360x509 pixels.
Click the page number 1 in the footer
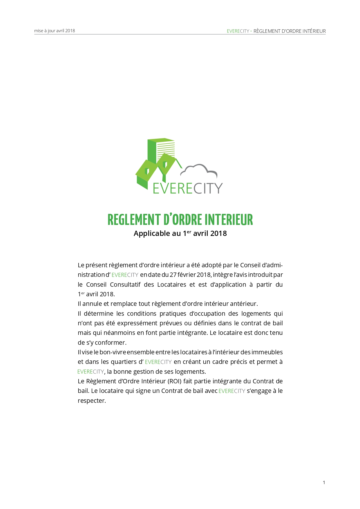coord(324,482)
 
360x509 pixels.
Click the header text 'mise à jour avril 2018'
coord(55,31)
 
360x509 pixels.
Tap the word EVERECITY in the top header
coord(238,31)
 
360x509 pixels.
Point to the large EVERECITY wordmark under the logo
coord(187,188)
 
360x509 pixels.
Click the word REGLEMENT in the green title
coord(134,220)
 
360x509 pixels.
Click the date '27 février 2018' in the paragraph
coord(190,275)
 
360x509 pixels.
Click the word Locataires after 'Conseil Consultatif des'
coord(172,284)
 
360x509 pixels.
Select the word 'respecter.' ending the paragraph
coord(92,400)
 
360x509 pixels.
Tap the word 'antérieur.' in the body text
coord(244,304)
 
